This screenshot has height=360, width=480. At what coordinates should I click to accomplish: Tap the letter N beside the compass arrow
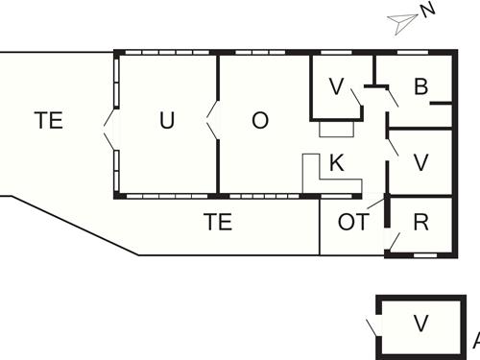tap(428, 11)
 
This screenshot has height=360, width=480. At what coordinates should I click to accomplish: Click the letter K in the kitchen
tap(336, 162)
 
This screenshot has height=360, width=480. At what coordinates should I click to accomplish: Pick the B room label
tap(420, 87)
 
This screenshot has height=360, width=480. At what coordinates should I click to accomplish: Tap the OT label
tap(352, 223)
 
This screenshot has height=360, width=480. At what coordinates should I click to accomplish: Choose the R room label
tap(420, 223)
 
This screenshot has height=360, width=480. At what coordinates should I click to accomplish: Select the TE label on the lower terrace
tap(218, 223)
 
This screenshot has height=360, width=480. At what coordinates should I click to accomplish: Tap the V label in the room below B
tap(420, 162)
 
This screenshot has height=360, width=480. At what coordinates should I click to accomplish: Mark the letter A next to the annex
tap(473, 340)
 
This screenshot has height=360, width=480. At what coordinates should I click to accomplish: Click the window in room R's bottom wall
tap(422, 255)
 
